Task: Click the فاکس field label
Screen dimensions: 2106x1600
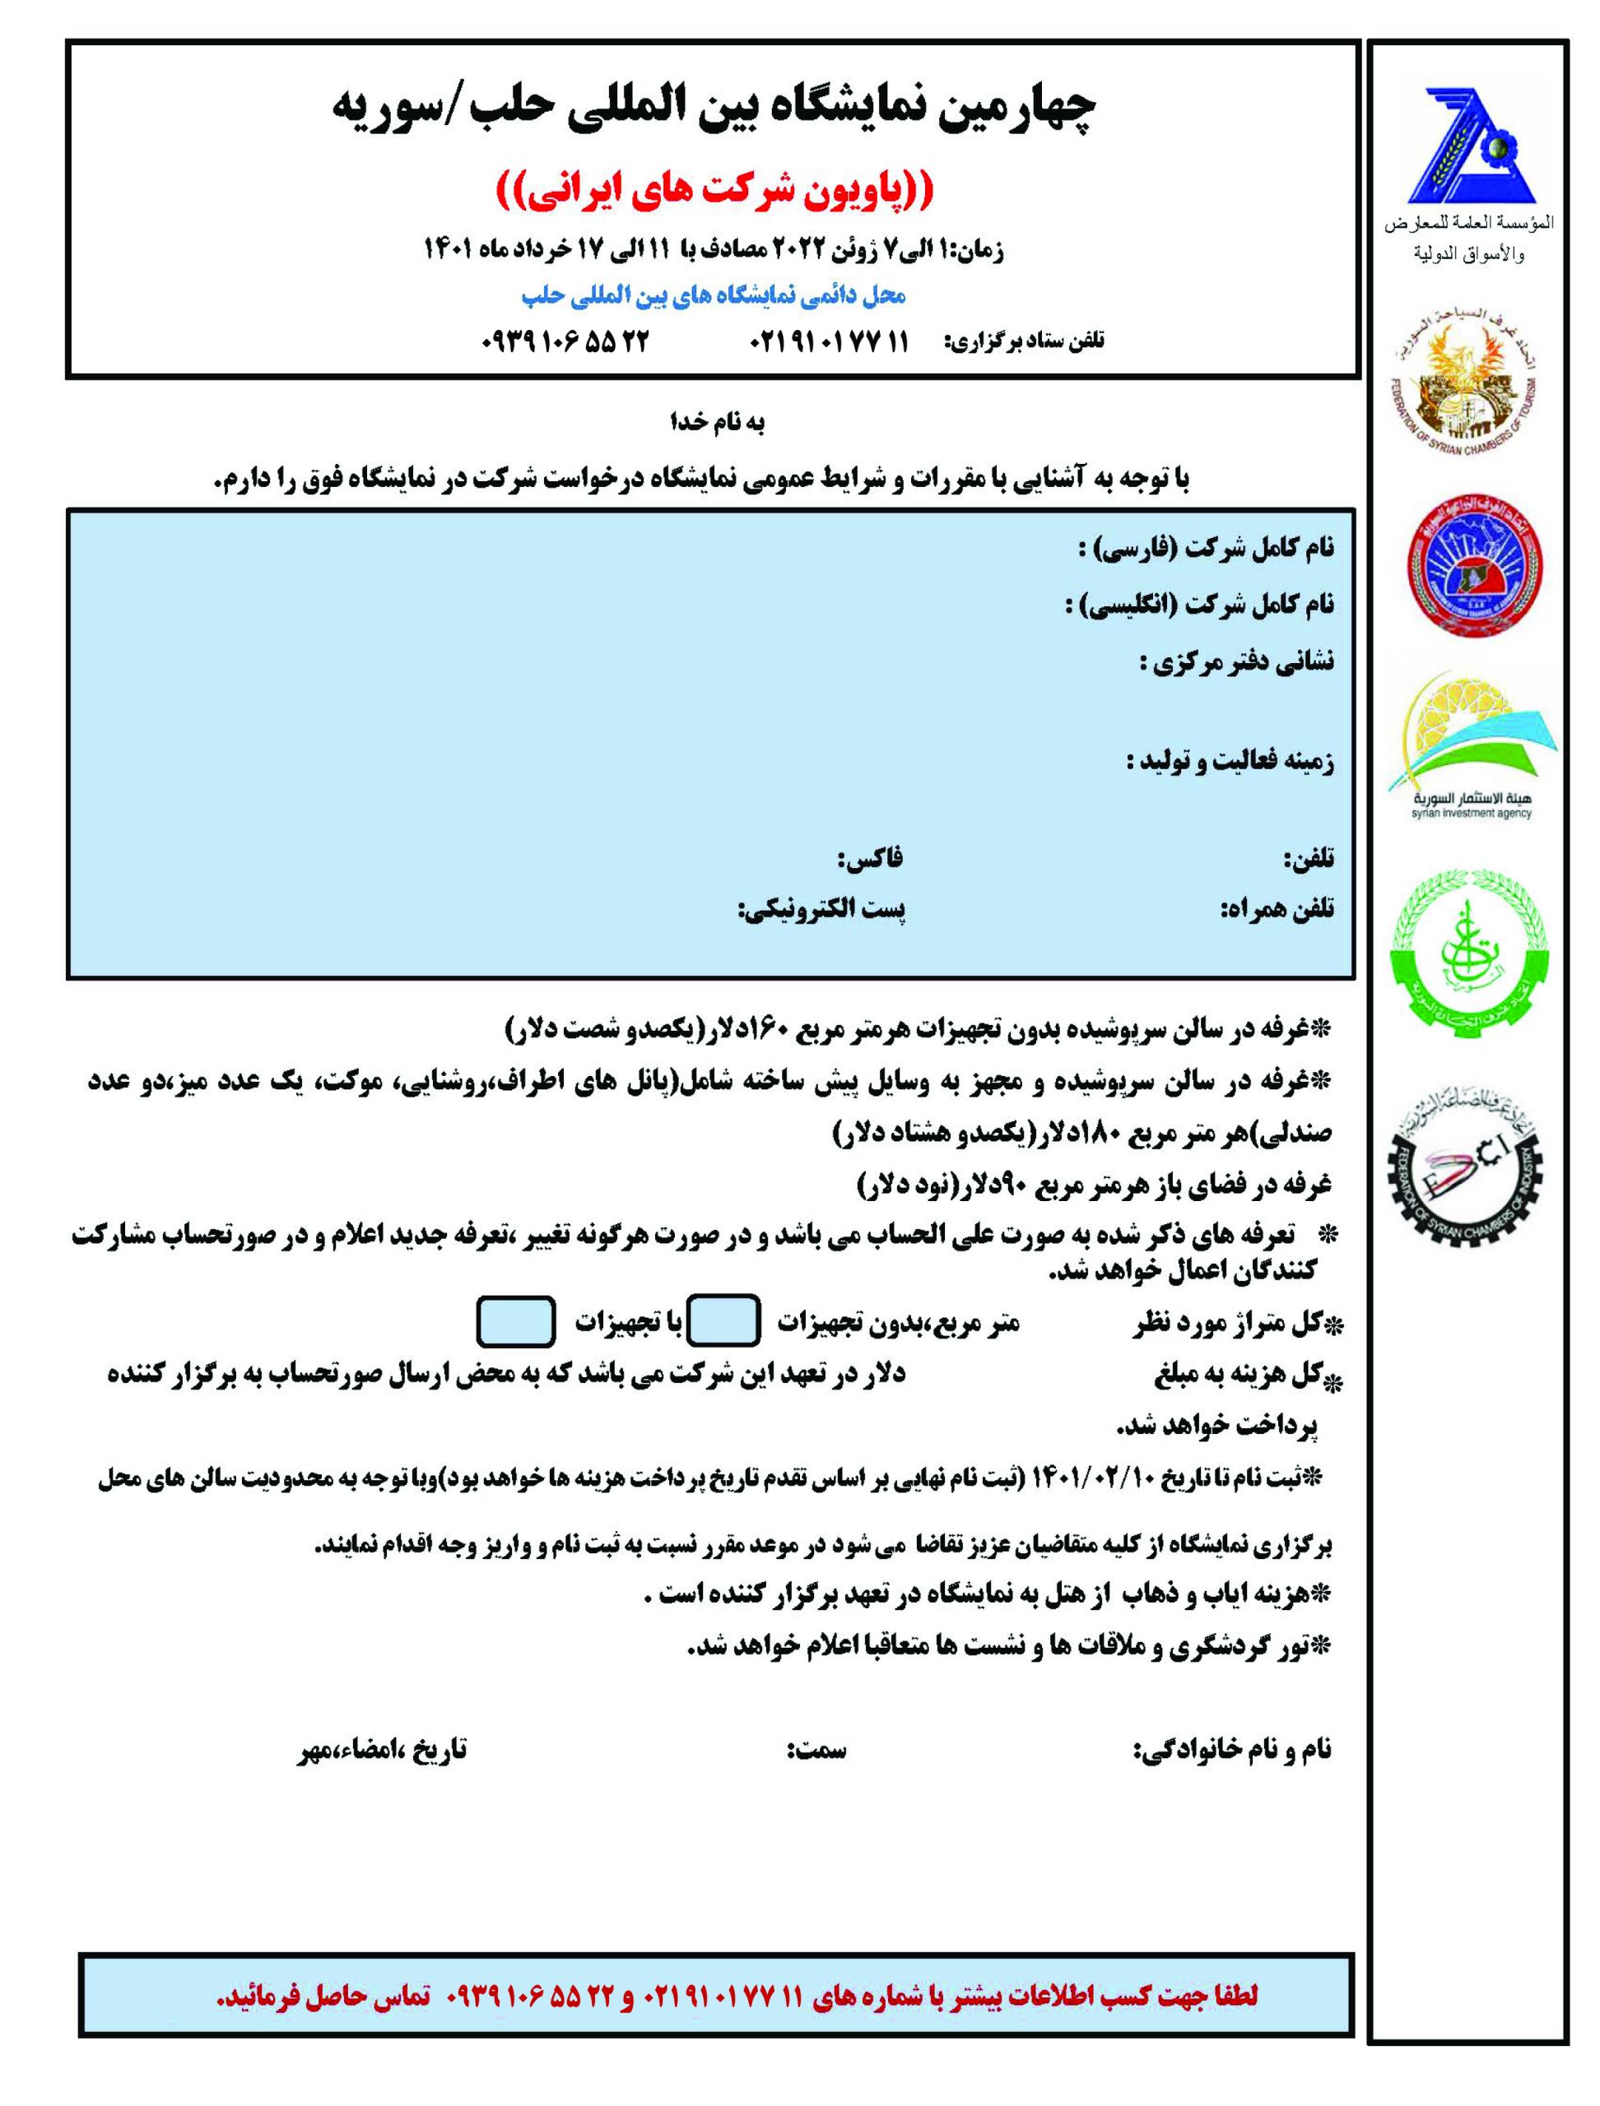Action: [x=869, y=860]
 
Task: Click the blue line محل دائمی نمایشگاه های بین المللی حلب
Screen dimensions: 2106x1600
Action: [x=714, y=296]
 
